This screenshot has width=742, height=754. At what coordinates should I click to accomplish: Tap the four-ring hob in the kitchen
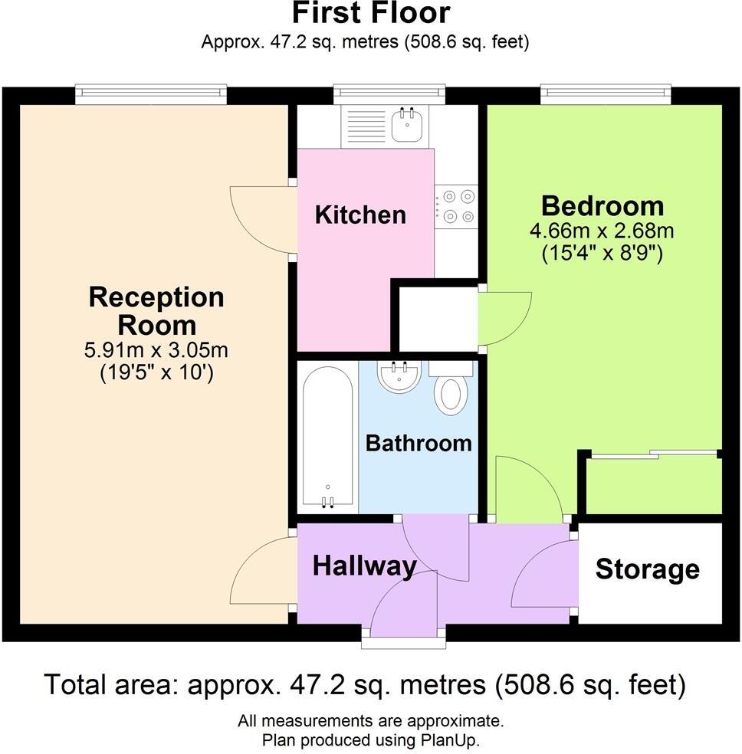[x=456, y=206]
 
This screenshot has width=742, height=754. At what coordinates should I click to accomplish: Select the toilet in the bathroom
[x=450, y=391]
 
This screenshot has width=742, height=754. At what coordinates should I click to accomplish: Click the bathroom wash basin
[x=399, y=375]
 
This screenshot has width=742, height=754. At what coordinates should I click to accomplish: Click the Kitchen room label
[x=360, y=215]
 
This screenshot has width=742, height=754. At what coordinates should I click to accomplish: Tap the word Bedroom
[x=602, y=205]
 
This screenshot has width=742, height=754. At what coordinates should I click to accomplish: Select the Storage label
[x=648, y=569]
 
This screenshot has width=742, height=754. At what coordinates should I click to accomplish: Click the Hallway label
[x=364, y=566]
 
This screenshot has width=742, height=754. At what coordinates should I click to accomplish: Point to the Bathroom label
[x=418, y=443]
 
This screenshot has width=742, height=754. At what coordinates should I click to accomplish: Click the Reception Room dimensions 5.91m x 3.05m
[x=156, y=351]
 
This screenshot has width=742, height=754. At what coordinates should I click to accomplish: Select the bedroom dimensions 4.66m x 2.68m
[x=602, y=231]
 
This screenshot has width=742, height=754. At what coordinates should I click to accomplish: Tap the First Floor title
[x=371, y=13]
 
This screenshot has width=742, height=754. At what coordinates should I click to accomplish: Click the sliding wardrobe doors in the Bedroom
[x=653, y=455]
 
